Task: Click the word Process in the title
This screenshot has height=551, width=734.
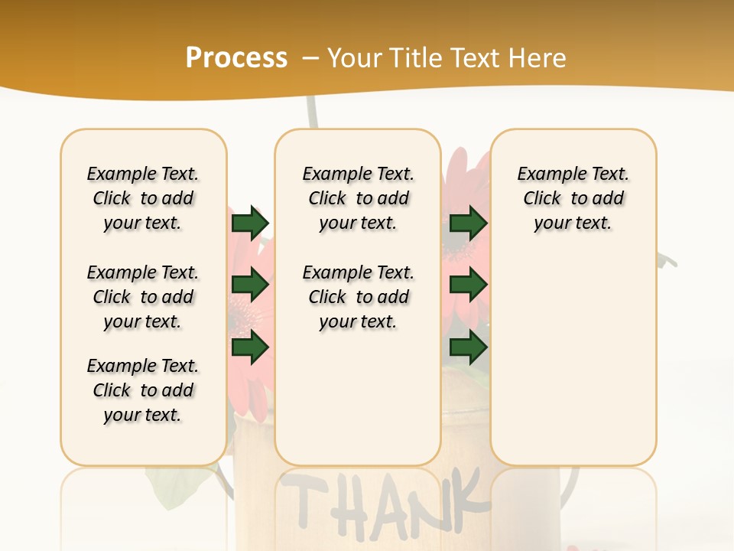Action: point(236,58)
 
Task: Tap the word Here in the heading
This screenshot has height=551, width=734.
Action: point(535,58)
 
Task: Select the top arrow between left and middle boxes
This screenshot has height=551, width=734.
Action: point(250,223)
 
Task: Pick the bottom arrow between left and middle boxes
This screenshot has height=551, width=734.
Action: point(250,348)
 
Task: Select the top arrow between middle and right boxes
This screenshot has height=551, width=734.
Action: point(468,223)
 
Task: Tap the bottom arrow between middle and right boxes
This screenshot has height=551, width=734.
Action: point(468,348)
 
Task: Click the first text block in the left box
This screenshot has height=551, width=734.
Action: point(143,198)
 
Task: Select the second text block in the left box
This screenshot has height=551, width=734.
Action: point(143,297)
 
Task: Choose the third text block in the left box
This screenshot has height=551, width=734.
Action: point(143,390)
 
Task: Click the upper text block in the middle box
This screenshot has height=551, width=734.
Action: point(358,198)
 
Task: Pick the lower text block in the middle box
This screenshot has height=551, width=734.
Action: point(358,297)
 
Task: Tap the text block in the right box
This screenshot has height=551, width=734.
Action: point(573,198)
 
